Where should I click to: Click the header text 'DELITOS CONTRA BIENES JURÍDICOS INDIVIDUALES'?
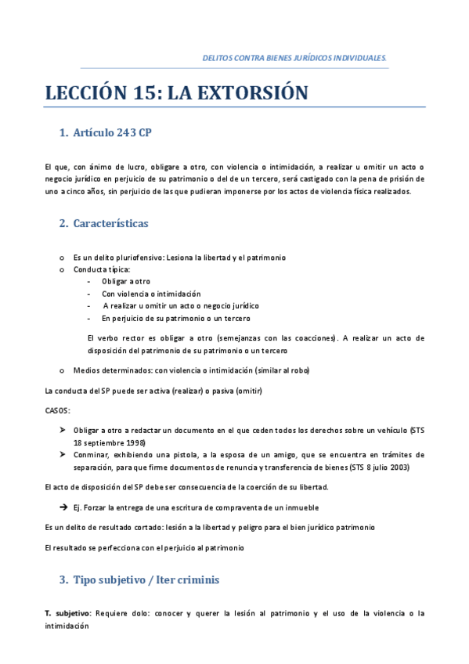[x=294, y=58]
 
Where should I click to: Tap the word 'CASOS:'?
[x=58, y=410]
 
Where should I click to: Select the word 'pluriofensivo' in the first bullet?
[x=138, y=257]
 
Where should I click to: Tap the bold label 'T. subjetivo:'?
[x=67, y=614]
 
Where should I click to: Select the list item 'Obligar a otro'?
[x=125, y=281]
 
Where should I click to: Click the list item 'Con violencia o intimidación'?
[x=145, y=294]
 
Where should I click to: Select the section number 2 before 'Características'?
[x=62, y=223]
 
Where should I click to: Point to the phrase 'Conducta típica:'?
[x=101, y=269]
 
